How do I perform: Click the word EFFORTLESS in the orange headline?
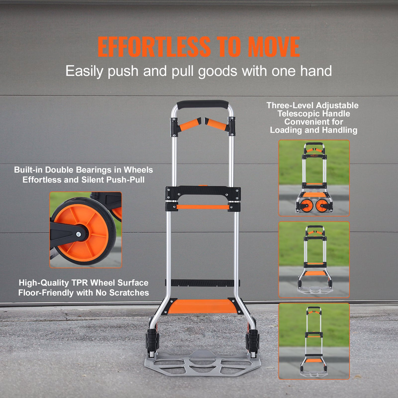pyautogui.click(x=154, y=47)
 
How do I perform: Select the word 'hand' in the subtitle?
pyautogui.click(x=316, y=71)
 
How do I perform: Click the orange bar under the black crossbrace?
pyautogui.click(x=202, y=207)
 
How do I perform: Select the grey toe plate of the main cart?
pyautogui.click(x=202, y=363)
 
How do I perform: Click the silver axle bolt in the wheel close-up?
pyautogui.click(x=79, y=234)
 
